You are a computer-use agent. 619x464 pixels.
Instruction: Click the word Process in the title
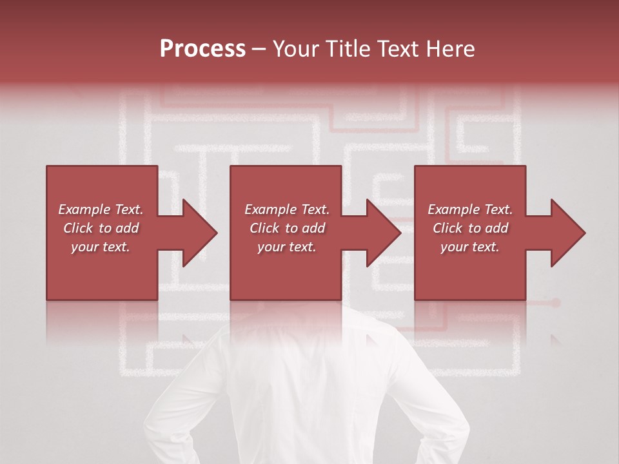[x=202, y=48]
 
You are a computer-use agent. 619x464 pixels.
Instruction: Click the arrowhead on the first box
[x=199, y=233]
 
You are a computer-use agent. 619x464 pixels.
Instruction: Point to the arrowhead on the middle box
[x=383, y=233]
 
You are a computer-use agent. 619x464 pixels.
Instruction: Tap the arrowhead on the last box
[x=567, y=233]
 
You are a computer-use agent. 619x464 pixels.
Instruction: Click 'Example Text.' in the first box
[x=101, y=209]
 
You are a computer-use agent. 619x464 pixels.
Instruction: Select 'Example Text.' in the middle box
[x=287, y=209]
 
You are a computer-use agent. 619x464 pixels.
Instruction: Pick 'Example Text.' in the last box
[x=470, y=209]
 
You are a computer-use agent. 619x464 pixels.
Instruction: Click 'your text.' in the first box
[x=101, y=247]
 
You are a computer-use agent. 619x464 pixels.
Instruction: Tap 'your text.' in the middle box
[x=287, y=247]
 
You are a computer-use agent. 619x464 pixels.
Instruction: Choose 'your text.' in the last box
[x=470, y=247]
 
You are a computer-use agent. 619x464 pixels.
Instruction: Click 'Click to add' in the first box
[x=101, y=228]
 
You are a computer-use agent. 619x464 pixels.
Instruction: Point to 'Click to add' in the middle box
[x=287, y=228]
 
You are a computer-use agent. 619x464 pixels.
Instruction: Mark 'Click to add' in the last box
[x=470, y=228]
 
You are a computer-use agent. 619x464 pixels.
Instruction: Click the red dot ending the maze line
[x=556, y=302]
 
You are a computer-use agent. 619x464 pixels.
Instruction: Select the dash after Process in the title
[x=259, y=49]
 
